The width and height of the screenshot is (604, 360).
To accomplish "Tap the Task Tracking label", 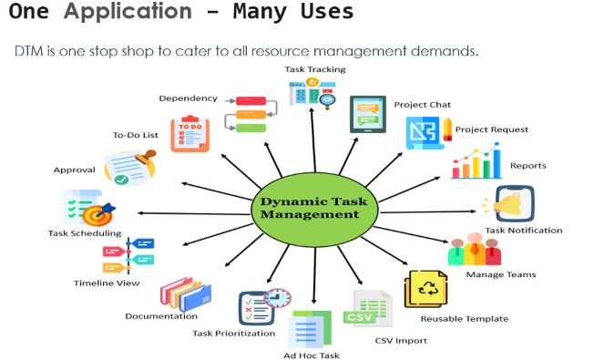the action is [x=314, y=69].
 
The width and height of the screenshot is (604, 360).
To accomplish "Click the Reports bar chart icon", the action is [x=476, y=165].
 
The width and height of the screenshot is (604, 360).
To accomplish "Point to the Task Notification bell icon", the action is [x=514, y=204].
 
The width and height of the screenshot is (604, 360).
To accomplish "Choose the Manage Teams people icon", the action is [x=474, y=250].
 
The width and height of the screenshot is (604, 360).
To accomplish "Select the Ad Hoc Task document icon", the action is [x=304, y=331].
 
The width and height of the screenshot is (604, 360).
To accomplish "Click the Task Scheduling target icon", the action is [x=87, y=209].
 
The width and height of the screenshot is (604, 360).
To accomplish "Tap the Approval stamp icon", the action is [x=129, y=166].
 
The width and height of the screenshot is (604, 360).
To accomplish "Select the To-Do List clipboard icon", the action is [x=189, y=133].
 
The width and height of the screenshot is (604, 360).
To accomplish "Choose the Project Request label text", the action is [x=492, y=129].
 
